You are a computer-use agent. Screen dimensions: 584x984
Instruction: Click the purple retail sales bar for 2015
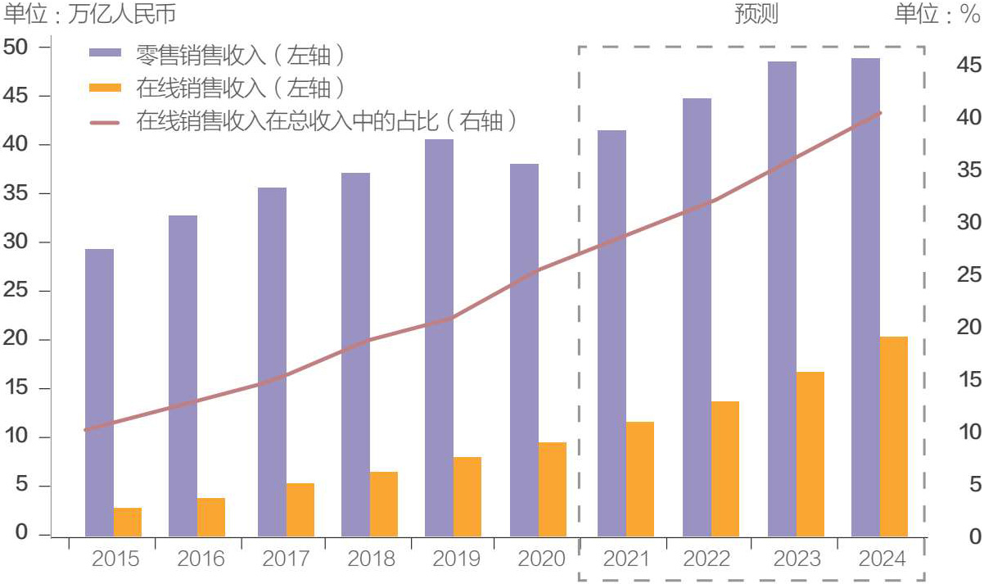99,392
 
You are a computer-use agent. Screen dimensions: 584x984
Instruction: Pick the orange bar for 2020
553,489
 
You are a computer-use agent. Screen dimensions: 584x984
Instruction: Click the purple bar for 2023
782,299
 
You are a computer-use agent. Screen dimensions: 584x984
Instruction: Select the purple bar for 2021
612,333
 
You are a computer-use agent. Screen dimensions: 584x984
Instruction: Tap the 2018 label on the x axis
371,559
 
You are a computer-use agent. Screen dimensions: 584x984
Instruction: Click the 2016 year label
201,559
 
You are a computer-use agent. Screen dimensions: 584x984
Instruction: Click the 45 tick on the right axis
968,65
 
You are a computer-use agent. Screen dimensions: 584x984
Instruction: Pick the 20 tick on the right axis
968,328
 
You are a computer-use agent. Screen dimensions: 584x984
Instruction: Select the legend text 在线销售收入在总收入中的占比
318,121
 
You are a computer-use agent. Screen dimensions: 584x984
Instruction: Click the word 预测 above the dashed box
756,14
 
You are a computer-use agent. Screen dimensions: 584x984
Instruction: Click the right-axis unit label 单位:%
937,14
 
